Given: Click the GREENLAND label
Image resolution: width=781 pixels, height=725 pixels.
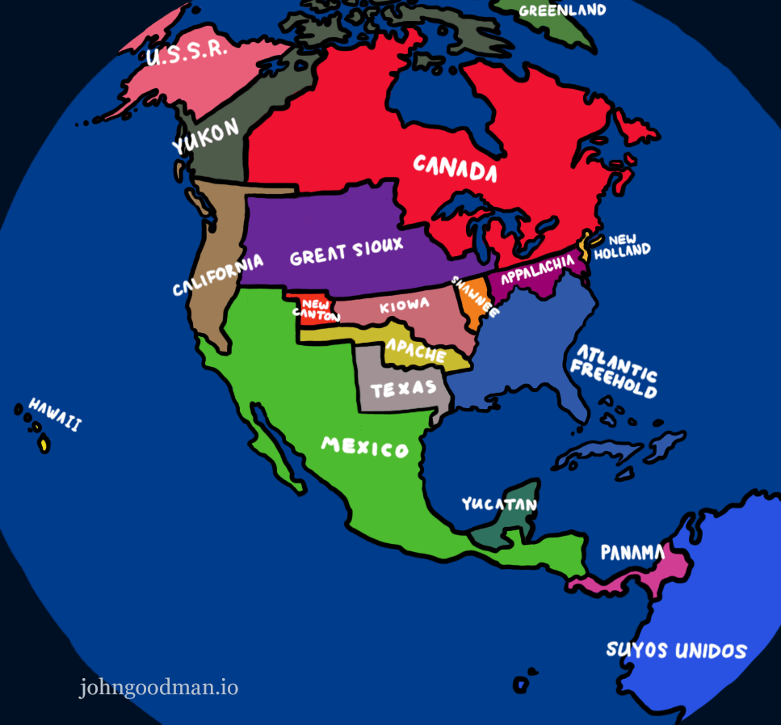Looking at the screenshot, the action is [562, 11].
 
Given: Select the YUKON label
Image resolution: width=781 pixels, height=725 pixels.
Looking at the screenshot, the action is [206, 136].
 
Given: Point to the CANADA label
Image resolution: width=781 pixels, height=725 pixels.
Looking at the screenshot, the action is [455, 168].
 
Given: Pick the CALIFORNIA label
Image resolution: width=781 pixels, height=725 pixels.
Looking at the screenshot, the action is [218, 274].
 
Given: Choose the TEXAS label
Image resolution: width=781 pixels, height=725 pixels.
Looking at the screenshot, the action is [403, 390].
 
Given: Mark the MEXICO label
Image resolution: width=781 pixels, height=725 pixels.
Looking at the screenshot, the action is [365, 446].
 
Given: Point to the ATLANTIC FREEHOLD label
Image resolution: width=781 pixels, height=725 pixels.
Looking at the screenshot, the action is [614, 370].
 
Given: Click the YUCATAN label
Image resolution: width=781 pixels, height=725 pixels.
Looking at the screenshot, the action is [499, 504].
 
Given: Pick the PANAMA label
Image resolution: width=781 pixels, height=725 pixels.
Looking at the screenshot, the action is [632, 553].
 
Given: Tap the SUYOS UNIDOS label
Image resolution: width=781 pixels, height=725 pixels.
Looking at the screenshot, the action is [677, 650].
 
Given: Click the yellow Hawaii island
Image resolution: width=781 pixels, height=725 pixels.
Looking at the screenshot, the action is [44, 444].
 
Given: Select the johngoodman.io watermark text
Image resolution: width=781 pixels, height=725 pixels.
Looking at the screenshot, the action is [158, 688].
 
